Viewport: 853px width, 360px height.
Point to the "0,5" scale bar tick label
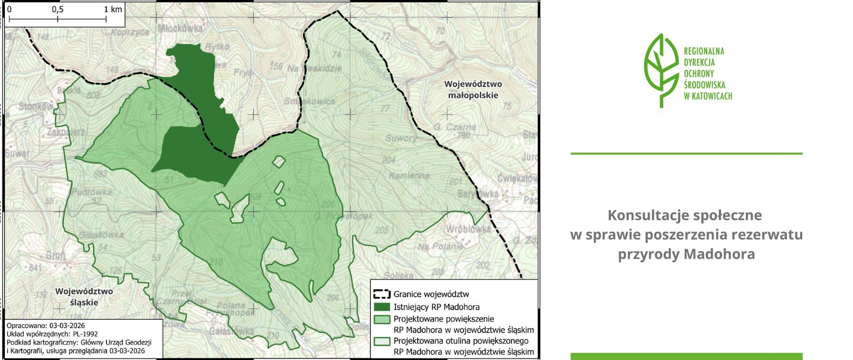point(57,9)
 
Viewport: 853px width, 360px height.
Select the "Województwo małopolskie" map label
point(473,89)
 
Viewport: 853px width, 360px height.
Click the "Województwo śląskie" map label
point(84,297)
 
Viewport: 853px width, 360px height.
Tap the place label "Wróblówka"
point(467,229)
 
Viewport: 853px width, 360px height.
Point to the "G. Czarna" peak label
point(454,127)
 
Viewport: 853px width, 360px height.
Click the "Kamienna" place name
point(409,176)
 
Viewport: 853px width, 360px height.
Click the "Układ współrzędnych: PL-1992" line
point(52,334)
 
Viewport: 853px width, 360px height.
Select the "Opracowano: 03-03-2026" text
point(46,326)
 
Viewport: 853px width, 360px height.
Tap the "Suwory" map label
point(401,138)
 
